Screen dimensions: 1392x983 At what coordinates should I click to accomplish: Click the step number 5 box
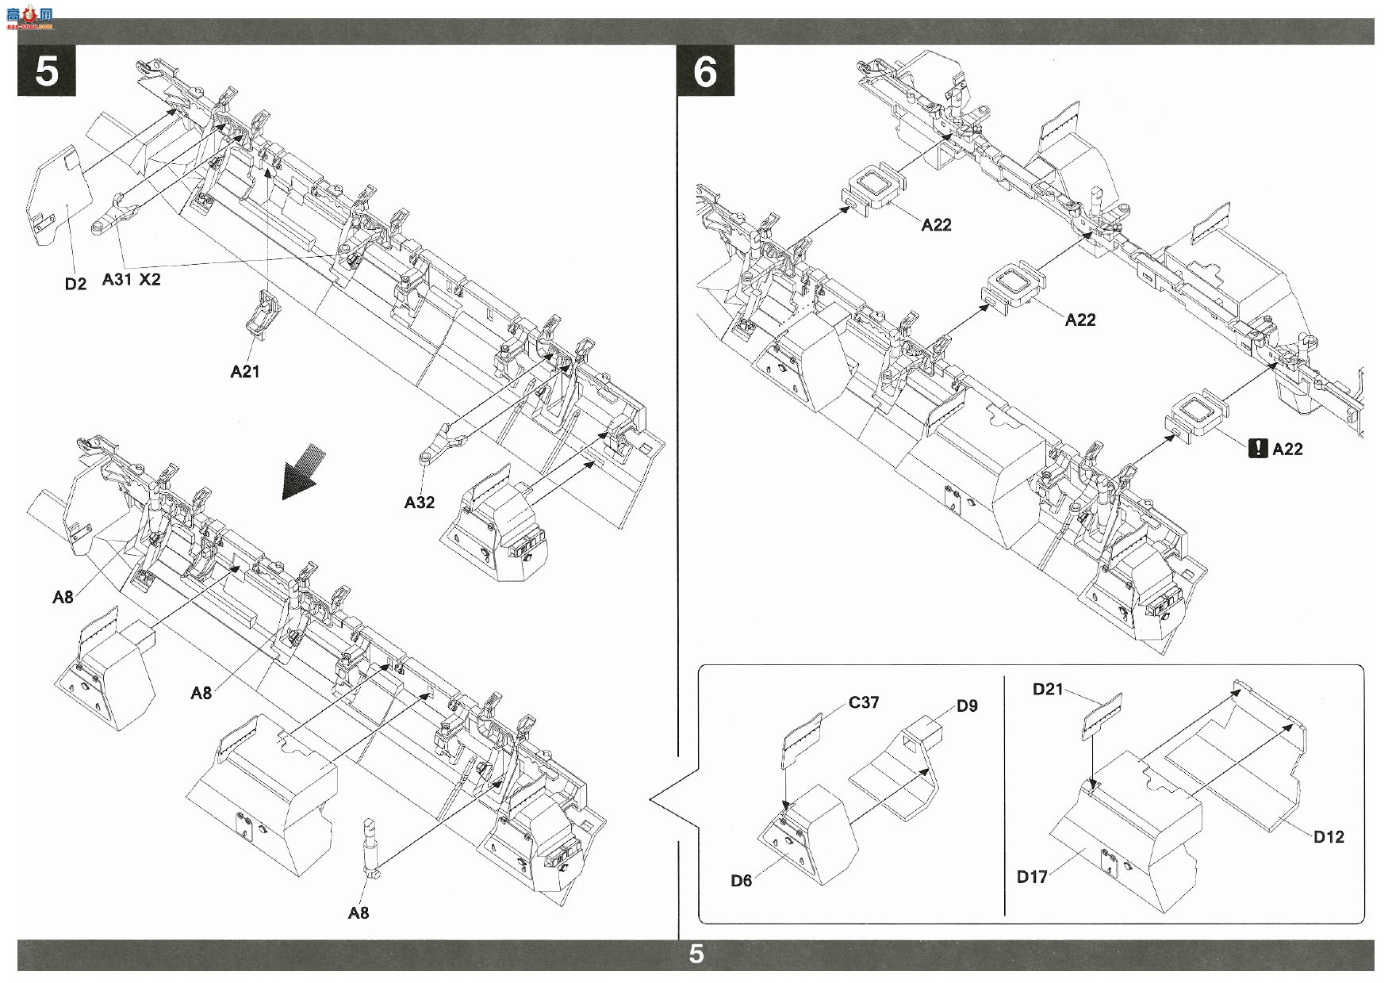pyautogui.click(x=47, y=71)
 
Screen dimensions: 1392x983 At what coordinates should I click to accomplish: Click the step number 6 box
pyautogui.click(x=705, y=71)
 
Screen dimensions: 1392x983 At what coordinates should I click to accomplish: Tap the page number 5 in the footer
pyautogui.click(x=696, y=954)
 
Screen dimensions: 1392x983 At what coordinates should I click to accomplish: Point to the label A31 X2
pyautogui.click(x=132, y=279)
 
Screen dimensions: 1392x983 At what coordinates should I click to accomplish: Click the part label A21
pyautogui.click(x=245, y=371)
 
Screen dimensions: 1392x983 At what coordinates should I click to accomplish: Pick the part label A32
pyautogui.click(x=420, y=502)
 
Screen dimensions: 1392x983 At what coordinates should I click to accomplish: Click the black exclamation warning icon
pyautogui.click(x=1257, y=449)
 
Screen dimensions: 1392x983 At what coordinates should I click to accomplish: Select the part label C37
pyautogui.click(x=863, y=702)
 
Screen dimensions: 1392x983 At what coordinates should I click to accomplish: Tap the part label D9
pyautogui.click(x=967, y=706)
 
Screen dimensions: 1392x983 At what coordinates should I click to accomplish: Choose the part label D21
pyautogui.click(x=1048, y=689)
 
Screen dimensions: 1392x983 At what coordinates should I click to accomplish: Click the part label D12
pyautogui.click(x=1329, y=836)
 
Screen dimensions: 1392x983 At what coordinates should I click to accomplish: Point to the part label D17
pyautogui.click(x=1032, y=876)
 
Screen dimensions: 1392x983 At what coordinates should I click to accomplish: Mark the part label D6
pyautogui.click(x=742, y=880)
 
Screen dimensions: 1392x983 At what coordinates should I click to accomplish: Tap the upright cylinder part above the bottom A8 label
pyautogui.click(x=371, y=847)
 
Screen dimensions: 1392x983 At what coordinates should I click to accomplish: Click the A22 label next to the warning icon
pyautogui.click(x=1287, y=449)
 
